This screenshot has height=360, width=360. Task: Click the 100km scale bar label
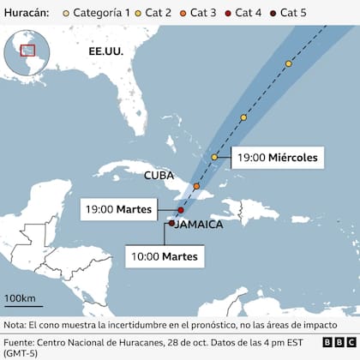pos(19,297)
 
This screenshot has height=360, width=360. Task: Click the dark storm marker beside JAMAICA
pos(172,223)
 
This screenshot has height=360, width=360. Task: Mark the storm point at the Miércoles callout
pos(215,158)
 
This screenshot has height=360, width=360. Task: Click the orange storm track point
pos(196,186)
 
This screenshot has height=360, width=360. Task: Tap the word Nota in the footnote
pos(15,326)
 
